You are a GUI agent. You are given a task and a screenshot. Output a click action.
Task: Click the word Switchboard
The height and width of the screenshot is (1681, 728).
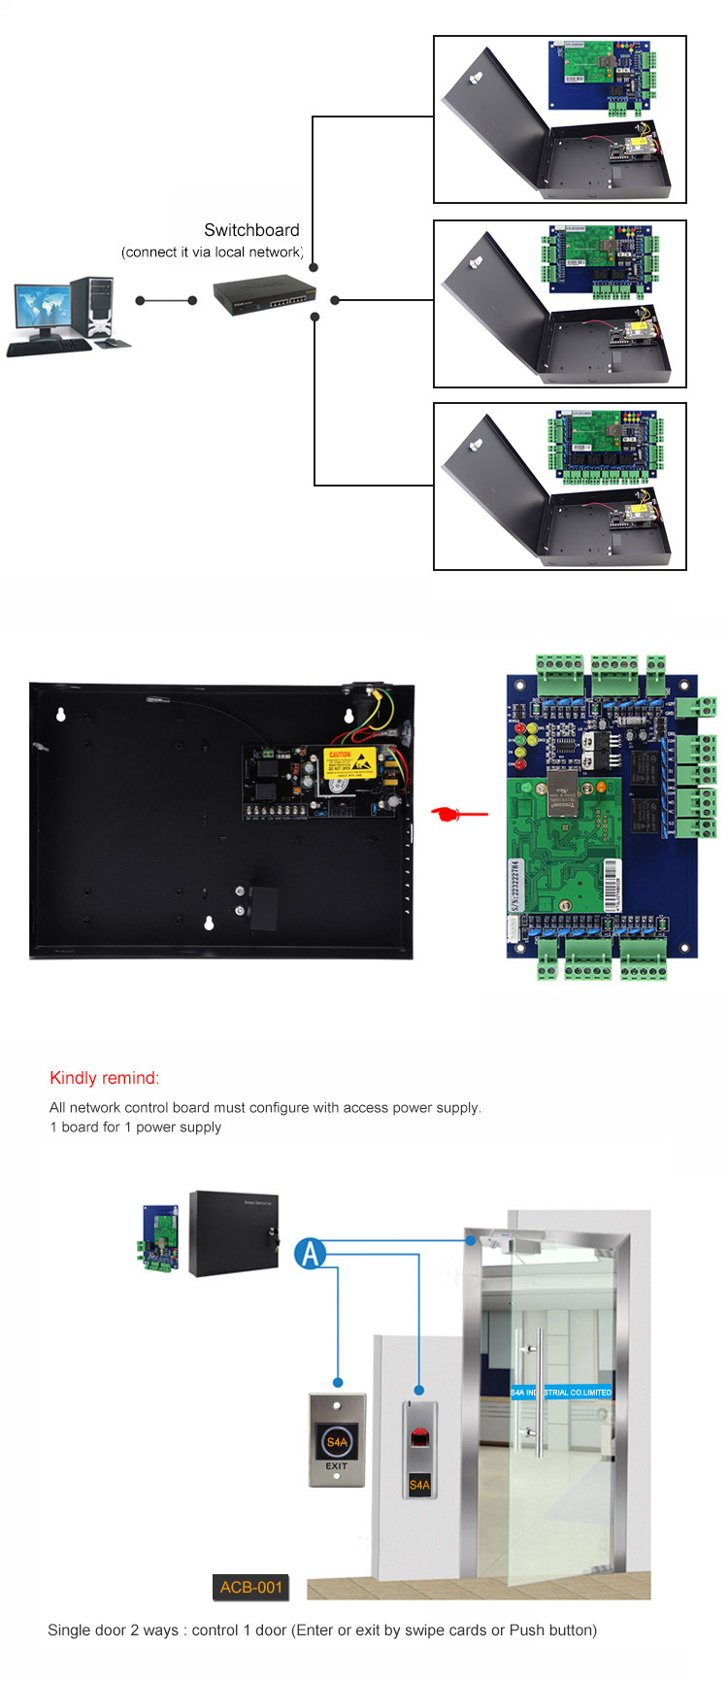[251, 230]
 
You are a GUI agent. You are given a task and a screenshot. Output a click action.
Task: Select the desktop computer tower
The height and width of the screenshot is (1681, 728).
[93, 307]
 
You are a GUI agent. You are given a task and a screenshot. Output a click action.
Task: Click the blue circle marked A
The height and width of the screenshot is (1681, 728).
[311, 1253]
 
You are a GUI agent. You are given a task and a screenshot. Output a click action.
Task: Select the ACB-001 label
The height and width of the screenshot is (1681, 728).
[250, 1587]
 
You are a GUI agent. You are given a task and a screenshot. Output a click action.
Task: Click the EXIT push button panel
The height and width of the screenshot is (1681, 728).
[336, 1440]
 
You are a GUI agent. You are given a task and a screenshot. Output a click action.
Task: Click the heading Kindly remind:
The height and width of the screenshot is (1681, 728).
[104, 1078]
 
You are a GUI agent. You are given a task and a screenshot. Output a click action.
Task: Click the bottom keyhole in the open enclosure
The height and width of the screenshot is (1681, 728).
[210, 923]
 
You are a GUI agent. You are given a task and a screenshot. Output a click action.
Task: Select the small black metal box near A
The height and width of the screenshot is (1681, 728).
[233, 1233]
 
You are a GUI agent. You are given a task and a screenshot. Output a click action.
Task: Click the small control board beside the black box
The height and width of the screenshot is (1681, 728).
[159, 1238]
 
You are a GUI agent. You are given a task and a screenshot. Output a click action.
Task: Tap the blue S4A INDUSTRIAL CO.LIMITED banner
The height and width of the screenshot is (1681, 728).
[562, 1393]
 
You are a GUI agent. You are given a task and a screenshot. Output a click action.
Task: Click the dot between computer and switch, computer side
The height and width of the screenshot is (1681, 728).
[141, 301]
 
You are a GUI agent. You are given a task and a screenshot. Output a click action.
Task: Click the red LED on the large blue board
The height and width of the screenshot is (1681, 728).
[519, 728]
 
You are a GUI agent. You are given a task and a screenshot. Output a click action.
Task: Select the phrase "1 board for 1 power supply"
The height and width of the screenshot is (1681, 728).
[135, 1127]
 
